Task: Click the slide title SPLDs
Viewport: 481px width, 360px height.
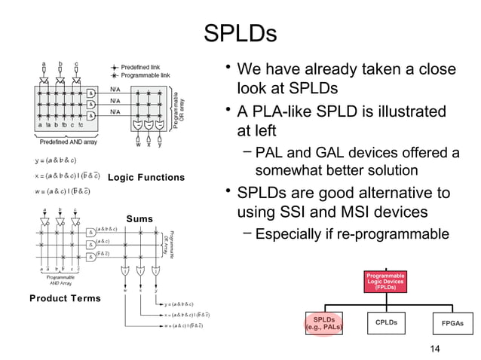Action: tap(240, 34)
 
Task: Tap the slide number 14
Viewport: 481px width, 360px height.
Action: tap(433, 347)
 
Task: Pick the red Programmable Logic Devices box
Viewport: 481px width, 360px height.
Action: tap(386, 283)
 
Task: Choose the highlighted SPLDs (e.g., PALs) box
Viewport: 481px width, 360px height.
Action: tap(324, 324)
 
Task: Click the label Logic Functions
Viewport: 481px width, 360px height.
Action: tap(146, 178)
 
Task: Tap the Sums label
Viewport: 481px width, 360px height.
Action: tap(140, 218)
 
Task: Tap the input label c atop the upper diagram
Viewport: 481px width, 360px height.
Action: tap(76, 66)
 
